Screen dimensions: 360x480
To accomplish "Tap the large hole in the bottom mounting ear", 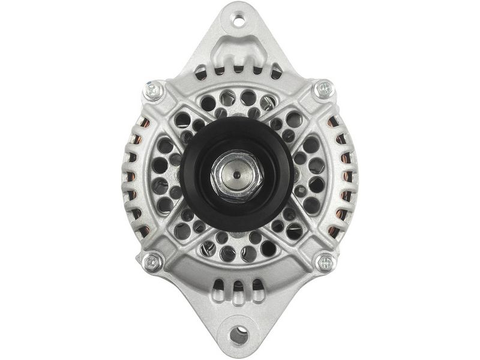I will [239, 334].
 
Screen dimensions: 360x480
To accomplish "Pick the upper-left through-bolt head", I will [154, 91].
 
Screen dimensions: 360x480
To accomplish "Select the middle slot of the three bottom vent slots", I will [238, 288].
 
